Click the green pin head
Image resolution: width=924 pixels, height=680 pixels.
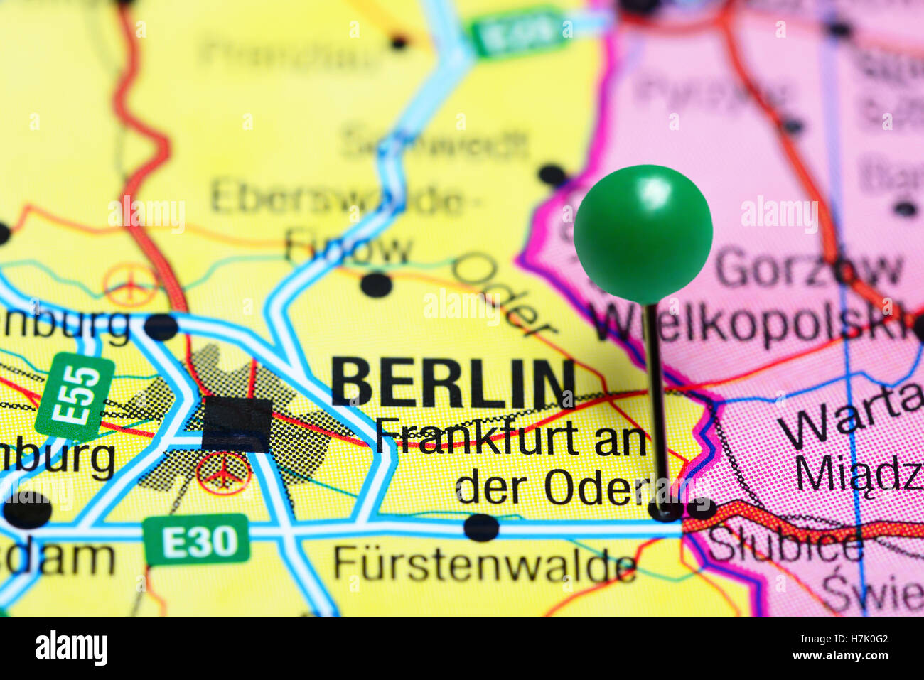pos(643,233)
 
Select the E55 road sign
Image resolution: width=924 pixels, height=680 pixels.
pos(75,396)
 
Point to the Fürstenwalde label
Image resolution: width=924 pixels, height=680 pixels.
pos(485,565)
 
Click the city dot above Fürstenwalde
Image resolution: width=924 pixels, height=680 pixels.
pos(481,527)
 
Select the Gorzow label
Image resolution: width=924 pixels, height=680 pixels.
pos(808,269)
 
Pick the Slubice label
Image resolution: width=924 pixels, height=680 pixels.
pos(785,545)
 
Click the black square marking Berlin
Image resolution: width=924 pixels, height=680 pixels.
pos(237,424)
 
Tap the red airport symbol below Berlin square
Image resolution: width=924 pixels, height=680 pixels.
pos(223,474)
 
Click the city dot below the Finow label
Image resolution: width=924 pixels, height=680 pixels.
pos(376,285)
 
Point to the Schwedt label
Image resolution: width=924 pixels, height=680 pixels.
pos(435,144)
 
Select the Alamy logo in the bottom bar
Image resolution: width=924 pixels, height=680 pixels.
pos(71,647)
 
